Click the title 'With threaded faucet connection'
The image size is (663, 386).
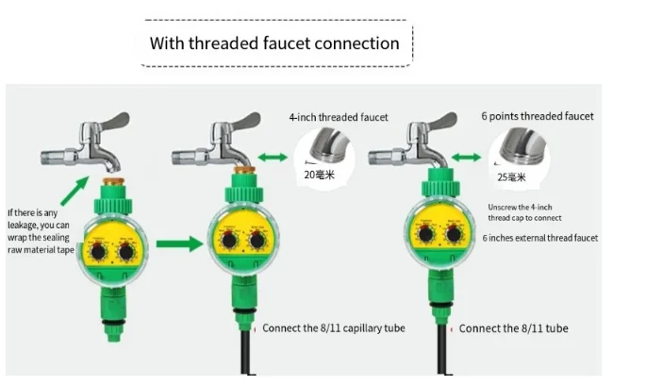coord(274,43)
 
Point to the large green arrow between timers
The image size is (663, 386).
coord(178,245)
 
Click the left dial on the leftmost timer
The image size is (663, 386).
coord(101,252)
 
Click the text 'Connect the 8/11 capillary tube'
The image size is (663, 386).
coord(333,328)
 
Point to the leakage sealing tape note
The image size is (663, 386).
coord(39,231)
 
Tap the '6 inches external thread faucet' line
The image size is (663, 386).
coord(539,239)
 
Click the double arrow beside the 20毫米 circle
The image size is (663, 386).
coord(273,157)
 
